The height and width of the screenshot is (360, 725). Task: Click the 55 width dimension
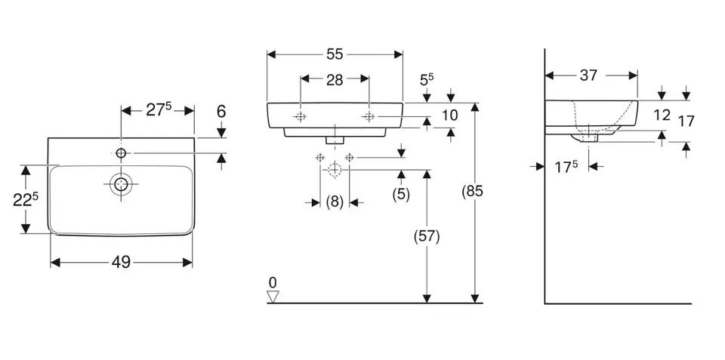click(335, 54)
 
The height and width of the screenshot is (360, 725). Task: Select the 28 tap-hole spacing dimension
click(335, 78)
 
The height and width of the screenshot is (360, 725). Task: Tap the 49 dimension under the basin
click(121, 263)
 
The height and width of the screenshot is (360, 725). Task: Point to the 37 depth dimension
click(589, 75)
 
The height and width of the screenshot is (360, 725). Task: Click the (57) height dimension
click(427, 236)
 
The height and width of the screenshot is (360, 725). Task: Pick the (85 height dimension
click(472, 192)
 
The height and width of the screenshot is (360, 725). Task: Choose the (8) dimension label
click(335, 202)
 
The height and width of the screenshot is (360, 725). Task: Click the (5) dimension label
click(401, 194)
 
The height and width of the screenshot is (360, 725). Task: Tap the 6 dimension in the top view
click(221, 111)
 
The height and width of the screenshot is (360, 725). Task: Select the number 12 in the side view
click(662, 115)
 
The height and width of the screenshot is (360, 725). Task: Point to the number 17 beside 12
click(686, 121)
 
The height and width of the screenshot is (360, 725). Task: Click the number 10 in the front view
click(450, 115)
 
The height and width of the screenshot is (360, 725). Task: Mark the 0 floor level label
click(273, 282)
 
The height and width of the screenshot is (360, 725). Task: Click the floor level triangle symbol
click(273, 297)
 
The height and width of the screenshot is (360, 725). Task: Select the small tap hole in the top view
click(121, 154)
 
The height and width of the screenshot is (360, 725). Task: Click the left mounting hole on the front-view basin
click(301, 116)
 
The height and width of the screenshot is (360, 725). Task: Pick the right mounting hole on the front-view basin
click(369, 116)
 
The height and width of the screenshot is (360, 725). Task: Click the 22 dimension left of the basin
click(26, 199)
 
